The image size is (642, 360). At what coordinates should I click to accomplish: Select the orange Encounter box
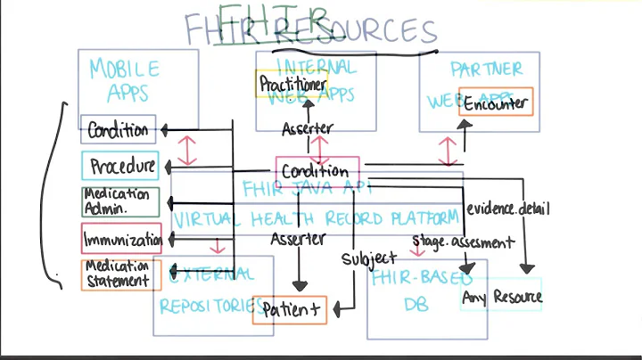tap(496, 102)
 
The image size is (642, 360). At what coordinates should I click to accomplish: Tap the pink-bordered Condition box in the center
tap(317, 170)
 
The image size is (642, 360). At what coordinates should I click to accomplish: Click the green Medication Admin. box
tap(119, 201)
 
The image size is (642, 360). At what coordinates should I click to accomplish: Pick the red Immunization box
tap(121, 239)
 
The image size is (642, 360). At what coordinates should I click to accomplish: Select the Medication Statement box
tap(118, 274)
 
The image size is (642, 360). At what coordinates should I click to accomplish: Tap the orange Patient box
tap(289, 310)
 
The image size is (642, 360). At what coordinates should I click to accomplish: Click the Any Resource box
tap(501, 297)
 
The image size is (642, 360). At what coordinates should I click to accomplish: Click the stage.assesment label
tap(463, 241)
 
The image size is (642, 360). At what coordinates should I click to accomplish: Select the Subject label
tap(368, 259)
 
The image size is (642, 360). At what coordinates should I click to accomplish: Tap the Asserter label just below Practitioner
tap(307, 129)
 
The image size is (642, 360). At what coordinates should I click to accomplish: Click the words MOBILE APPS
tap(126, 79)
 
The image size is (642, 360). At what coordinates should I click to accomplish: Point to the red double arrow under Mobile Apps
tap(186, 149)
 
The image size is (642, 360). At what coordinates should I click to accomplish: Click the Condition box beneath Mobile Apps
tap(118, 130)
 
